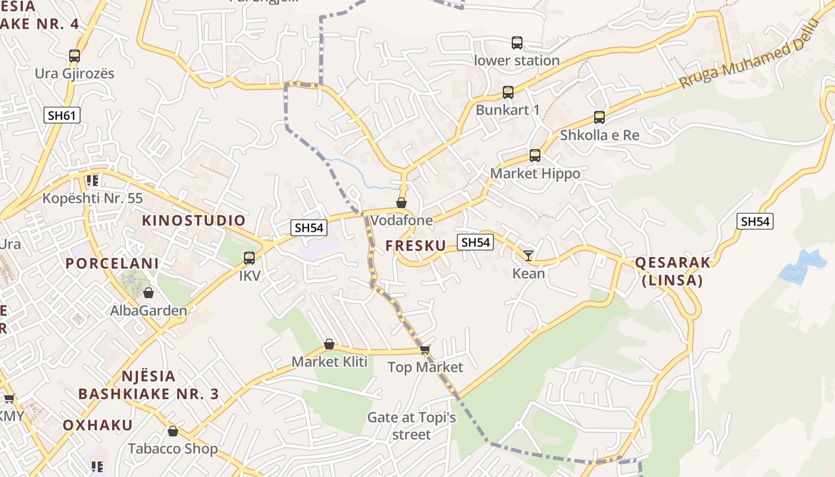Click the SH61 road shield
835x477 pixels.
click(62, 115)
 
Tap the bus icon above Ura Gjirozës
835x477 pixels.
click(75, 56)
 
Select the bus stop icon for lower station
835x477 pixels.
click(517, 43)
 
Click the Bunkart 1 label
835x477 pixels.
click(507, 110)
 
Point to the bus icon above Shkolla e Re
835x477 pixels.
click(599, 117)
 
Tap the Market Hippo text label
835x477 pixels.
click(535, 174)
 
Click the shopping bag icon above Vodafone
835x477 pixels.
click(401, 203)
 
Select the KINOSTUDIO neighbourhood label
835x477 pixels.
click(194, 221)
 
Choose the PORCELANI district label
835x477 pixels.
click(112, 264)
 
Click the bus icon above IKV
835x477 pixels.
click(249, 258)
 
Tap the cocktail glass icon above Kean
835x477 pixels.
click(528, 256)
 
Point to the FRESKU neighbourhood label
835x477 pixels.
click(416, 246)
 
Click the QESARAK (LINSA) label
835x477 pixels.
click(673, 271)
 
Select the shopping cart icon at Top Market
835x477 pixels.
click(425, 349)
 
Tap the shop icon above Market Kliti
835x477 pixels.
click(329, 344)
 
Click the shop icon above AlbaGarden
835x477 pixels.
click(149, 293)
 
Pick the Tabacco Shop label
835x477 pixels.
click(173, 448)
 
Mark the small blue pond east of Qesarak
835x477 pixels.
click(803, 266)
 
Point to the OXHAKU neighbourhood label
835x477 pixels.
click(98, 425)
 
